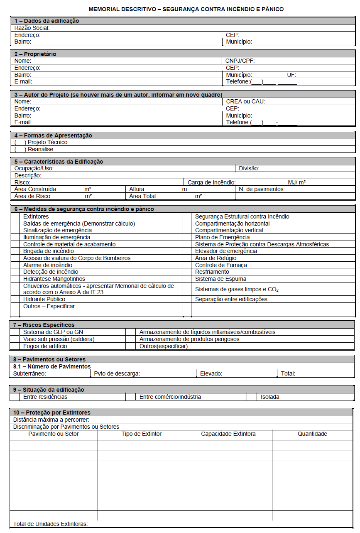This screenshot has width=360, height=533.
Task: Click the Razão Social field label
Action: point(32,28)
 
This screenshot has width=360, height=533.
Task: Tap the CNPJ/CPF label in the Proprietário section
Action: point(240,61)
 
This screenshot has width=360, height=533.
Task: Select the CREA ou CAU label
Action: point(245,101)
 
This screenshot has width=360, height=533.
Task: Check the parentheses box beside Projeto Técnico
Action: point(20,142)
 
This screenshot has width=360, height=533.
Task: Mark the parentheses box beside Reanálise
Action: point(20,149)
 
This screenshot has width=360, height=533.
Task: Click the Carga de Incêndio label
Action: point(212,182)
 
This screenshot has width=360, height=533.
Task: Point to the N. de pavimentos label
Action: point(262,189)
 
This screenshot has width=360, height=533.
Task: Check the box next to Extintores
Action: point(15,216)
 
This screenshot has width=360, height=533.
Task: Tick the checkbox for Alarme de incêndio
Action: point(15,265)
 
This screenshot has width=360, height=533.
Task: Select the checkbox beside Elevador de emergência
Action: point(187,251)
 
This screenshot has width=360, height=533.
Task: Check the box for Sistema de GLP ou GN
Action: point(15,332)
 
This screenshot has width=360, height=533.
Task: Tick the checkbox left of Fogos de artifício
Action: point(15,346)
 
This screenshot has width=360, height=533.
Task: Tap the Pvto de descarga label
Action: point(117,373)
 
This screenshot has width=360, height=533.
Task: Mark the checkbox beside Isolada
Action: point(252,397)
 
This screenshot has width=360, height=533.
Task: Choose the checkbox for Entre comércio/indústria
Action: point(130,397)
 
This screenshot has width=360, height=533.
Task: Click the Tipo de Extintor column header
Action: point(141,434)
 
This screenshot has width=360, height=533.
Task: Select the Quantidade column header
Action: point(312,434)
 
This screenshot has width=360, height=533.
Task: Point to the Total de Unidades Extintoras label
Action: point(50,524)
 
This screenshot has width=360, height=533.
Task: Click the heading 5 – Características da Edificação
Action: point(59,162)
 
